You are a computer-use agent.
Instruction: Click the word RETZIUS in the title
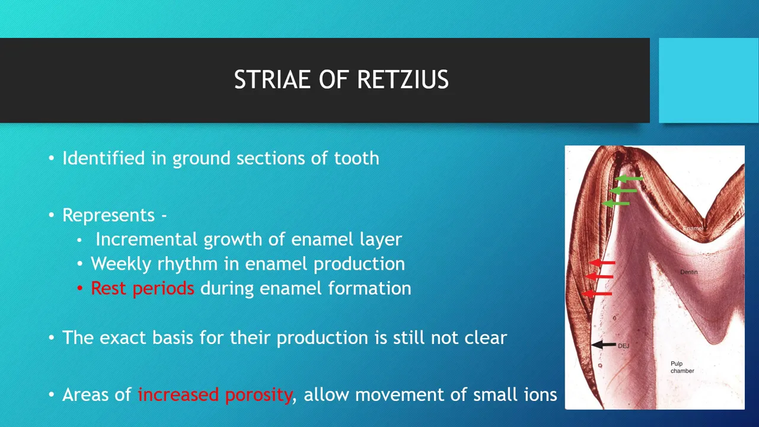pyautogui.click(x=403, y=79)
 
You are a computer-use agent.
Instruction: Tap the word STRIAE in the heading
pyautogui.click(x=272, y=79)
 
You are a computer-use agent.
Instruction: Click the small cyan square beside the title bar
pyautogui.click(x=709, y=80)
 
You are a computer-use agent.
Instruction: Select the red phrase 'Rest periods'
pyautogui.click(x=142, y=288)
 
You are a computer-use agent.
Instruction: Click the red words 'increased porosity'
pyautogui.click(x=215, y=395)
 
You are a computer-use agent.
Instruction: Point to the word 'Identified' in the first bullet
pyautogui.click(x=104, y=158)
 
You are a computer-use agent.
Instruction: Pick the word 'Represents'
pyautogui.click(x=109, y=215)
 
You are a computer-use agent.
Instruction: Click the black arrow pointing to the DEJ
pyautogui.click(x=604, y=345)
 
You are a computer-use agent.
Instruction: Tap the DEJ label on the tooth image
pyautogui.click(x=623, y=346)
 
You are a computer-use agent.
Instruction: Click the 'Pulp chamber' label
pyautogui.click(x=682, y=367)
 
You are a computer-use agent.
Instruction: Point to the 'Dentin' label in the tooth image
pyautogui.click(x=689, y=272)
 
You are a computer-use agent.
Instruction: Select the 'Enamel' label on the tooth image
pyautogui.click(x=693, y=228)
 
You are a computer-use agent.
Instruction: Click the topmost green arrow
pyautogui.click(x=629, y=179)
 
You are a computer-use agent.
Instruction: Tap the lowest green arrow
pyautogui.click(x=616, y=203)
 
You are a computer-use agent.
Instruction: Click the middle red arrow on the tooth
pyautogui.click(x=599, y=276)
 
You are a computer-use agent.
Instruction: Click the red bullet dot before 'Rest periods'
pyautogui.click(x=79, y=288)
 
